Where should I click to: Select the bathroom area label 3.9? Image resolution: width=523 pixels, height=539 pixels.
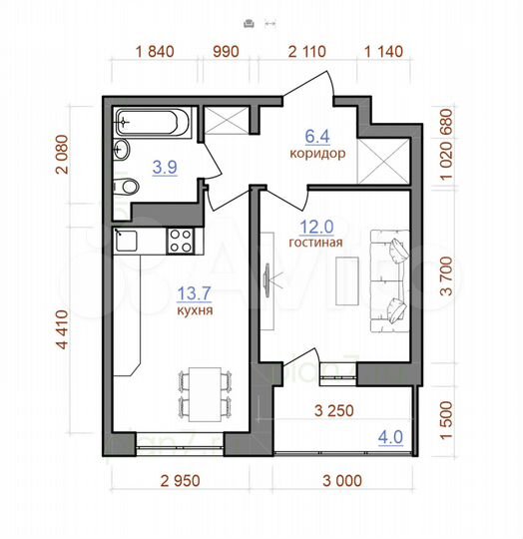165,168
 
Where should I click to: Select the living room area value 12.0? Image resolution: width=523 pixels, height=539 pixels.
315,226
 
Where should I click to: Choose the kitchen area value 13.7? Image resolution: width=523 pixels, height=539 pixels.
194,293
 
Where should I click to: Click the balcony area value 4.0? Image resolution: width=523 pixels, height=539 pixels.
391,435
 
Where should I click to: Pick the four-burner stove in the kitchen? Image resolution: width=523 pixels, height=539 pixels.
181,240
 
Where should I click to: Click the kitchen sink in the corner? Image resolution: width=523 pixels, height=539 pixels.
125,240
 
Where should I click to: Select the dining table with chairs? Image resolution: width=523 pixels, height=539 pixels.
205,392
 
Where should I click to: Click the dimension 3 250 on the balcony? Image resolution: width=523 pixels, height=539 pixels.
335,409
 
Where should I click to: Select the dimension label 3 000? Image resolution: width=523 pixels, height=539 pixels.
342,480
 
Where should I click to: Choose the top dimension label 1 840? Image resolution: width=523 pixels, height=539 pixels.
154,52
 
